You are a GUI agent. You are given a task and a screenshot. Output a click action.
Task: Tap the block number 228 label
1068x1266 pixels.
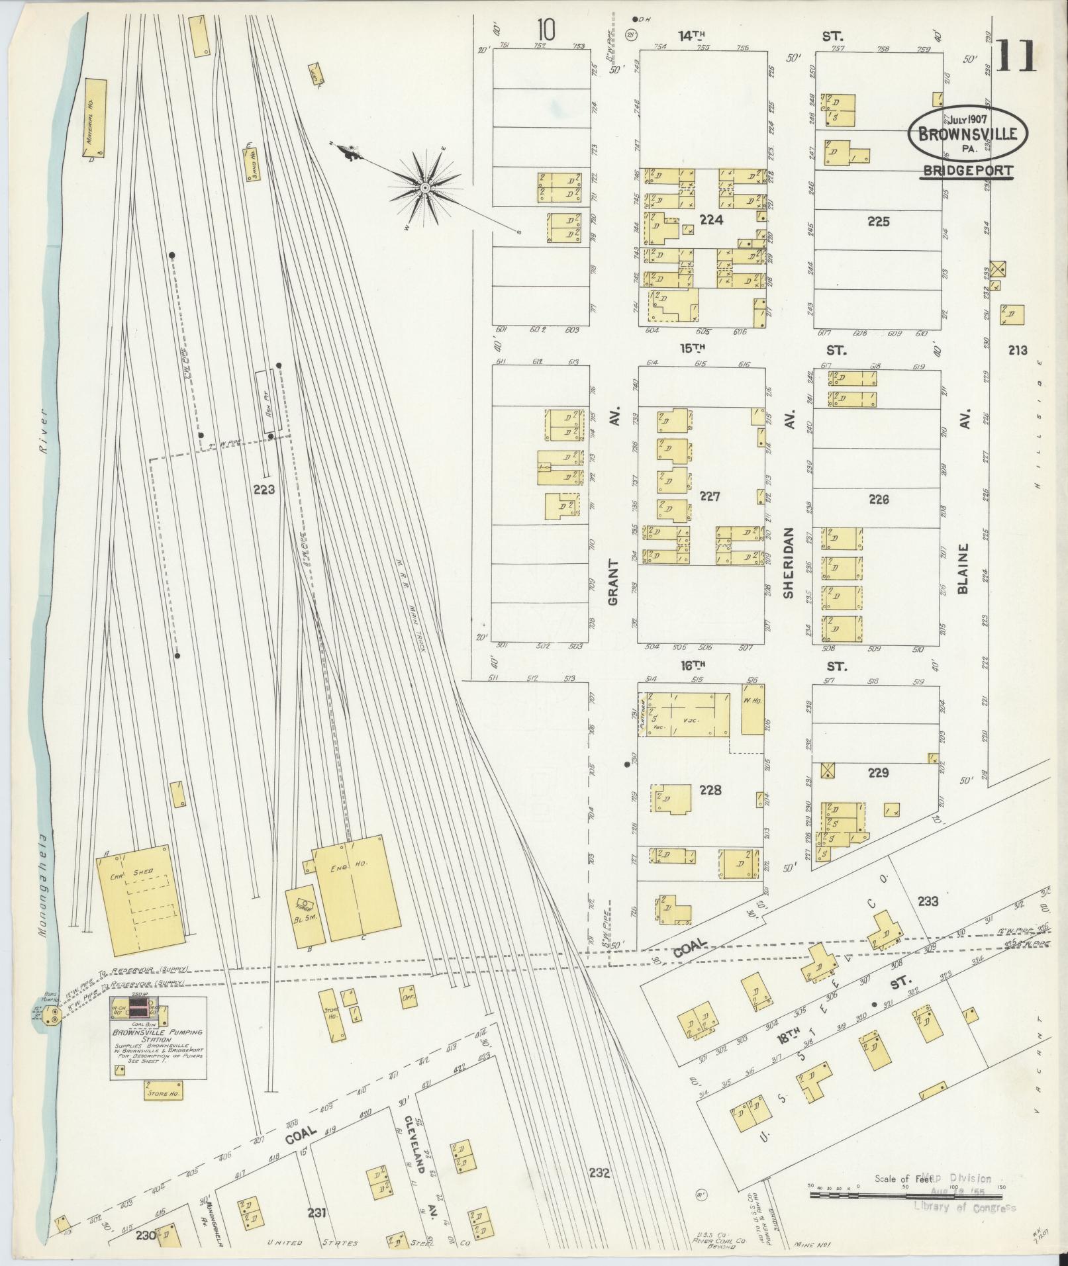point(710,790)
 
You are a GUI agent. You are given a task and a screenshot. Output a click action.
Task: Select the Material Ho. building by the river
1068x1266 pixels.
point(96,118)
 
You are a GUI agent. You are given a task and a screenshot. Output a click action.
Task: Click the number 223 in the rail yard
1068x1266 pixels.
point(264,490)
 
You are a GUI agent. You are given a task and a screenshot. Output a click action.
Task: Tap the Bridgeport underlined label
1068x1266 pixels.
point(967,171)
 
